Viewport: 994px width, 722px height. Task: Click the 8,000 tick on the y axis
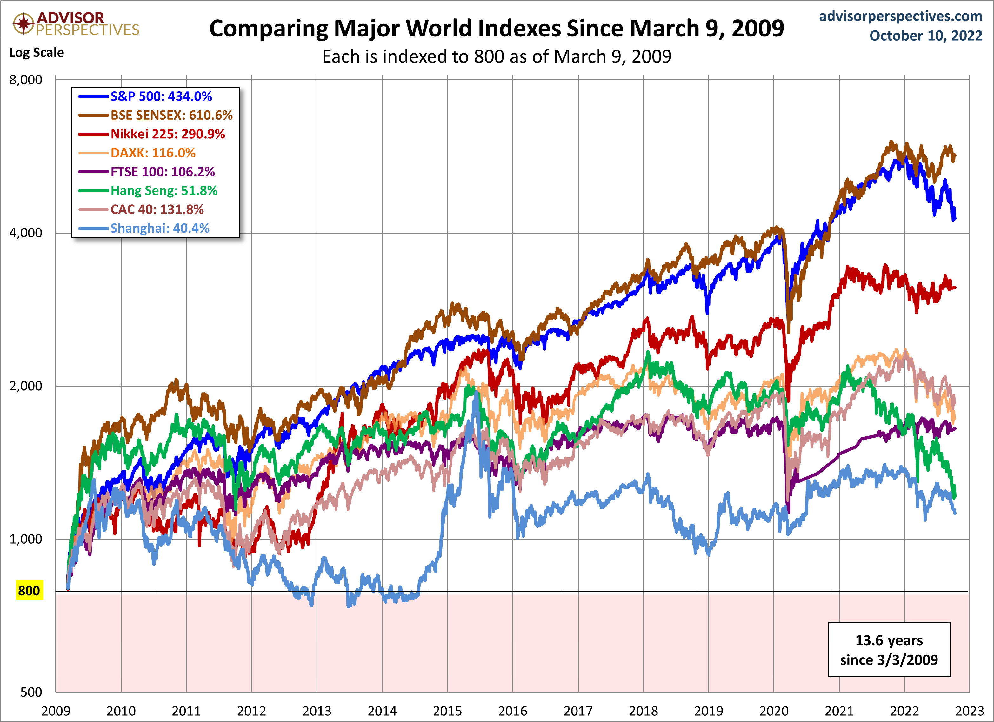tap(26, 80)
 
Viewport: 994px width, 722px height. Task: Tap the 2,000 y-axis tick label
tap(26, 386)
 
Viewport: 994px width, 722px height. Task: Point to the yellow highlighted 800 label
tap(29, 591)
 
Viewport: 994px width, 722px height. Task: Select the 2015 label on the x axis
tap(448, 711)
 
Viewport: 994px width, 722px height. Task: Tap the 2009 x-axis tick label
tap(56, 711)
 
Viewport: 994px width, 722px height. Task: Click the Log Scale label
tap(37, 53)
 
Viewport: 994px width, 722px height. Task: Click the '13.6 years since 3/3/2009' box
tap(889, 649)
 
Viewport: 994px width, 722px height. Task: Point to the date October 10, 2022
tap(926, 36)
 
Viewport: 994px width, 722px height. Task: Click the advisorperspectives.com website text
tap(900, 16)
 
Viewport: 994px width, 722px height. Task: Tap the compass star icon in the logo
tap(23, 23)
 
